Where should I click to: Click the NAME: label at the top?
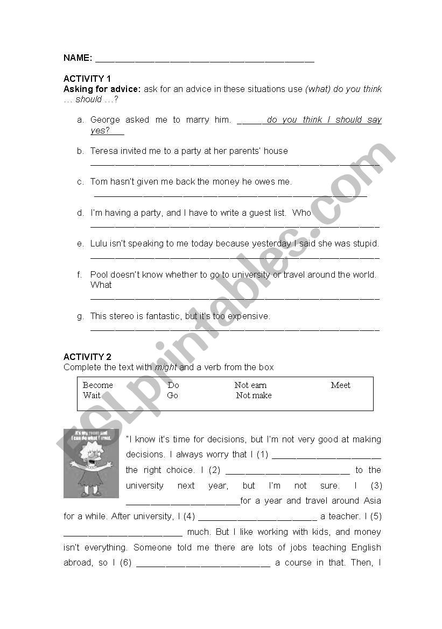point(78,58)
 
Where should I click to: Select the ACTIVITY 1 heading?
point(87,79)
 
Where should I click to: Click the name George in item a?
point(104,120)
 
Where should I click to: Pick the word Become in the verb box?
point(97,385)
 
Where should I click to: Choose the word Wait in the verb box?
point(92,395)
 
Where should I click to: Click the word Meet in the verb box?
point(340,385)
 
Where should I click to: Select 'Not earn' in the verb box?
point(250,385)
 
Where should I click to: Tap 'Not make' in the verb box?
point(254,395)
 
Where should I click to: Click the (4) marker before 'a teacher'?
point(189,517)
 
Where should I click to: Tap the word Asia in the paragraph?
point(372,501)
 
